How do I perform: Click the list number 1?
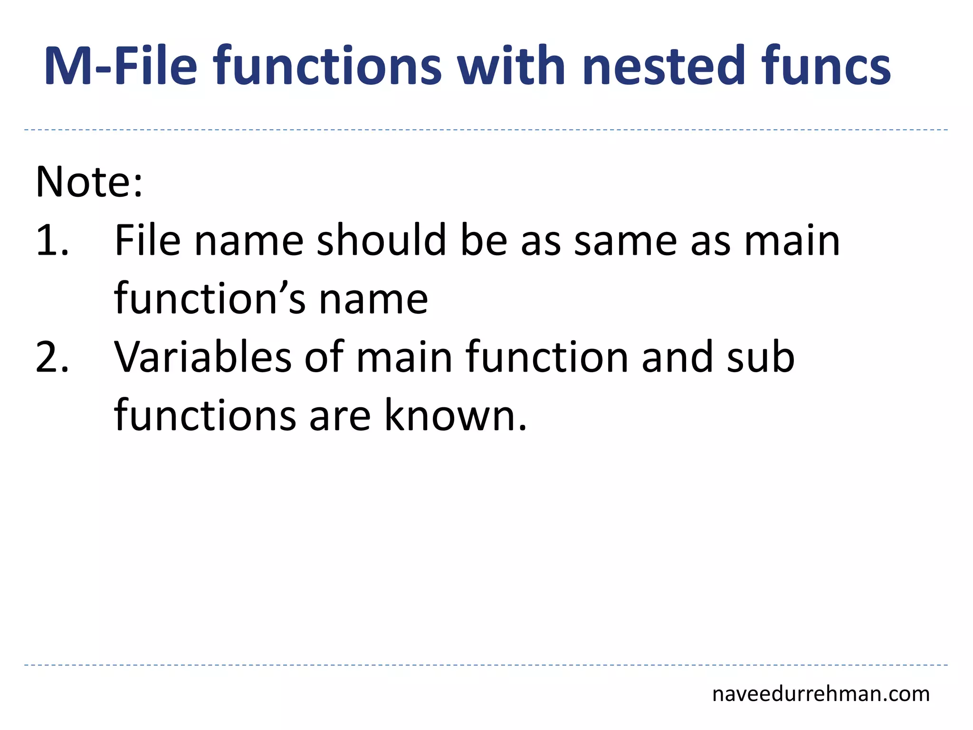pyautogui.click(x=52, y=241)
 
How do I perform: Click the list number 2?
pyautogui.click(x=52, y=357)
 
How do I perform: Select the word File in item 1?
pyautogui.click(x=147, y=241)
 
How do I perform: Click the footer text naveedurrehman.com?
pyautogui.click(x=820, y=694)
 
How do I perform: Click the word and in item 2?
pyautogui.click(x=677, y=357)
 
